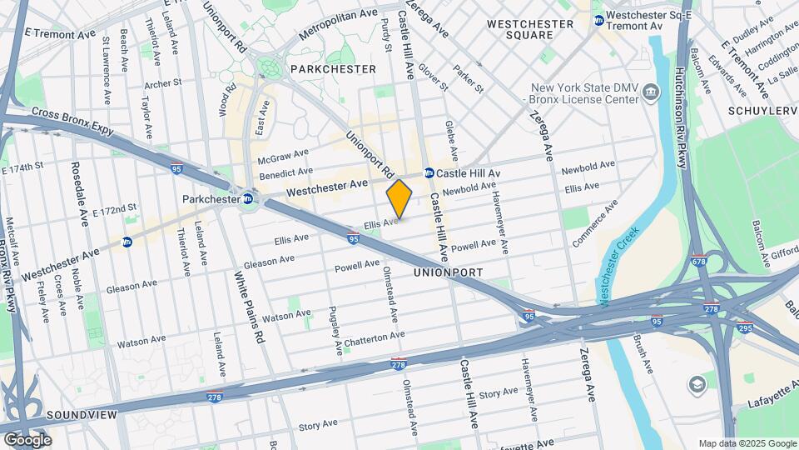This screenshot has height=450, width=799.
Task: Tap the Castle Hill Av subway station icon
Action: pyautogui.click(x=429, y=173)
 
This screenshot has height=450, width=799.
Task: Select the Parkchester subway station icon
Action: pyautogui.click(x=248, y=199)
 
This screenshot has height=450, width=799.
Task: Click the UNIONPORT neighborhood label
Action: pyautogui.click(x=449, y=272)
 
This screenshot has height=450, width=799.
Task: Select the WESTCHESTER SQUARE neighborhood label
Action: pyautogui.click(x=530, y=29)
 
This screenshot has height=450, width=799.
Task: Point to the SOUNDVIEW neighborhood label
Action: pyautogui.click(x=77, y=414)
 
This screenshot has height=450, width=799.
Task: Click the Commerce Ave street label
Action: pyautogui.click(x=596, y=223)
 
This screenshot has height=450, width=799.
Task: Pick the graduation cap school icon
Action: pyautogui.click(x=696, y=385)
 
